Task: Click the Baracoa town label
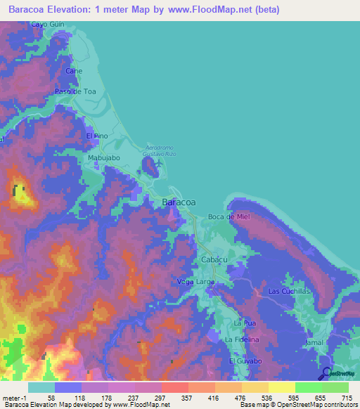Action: (x=179, y=202)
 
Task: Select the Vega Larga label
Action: (x=196, y=282)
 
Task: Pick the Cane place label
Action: (x=74, y=71)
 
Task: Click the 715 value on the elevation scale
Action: (x=345, y=398)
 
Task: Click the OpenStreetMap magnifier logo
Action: (x=326, y=373)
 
